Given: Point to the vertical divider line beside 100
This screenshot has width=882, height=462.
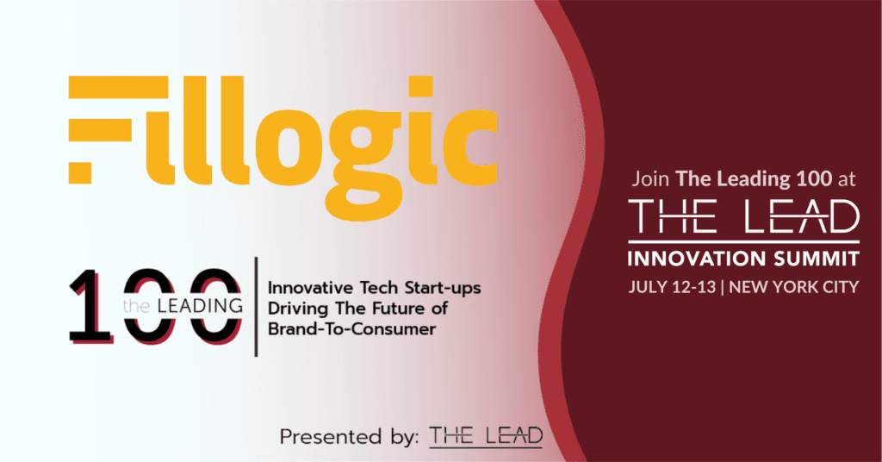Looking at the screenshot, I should tap(256, 306).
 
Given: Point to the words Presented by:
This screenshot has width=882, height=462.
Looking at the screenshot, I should tap(348, 436).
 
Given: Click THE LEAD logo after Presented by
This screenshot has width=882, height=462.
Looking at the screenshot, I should tap(486, 436).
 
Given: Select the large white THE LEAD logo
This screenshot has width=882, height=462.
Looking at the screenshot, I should tap(744, 219).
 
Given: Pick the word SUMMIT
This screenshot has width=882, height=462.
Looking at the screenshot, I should tap(820, 259).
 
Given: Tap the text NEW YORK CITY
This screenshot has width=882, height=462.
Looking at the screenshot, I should tap(793, 287).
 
